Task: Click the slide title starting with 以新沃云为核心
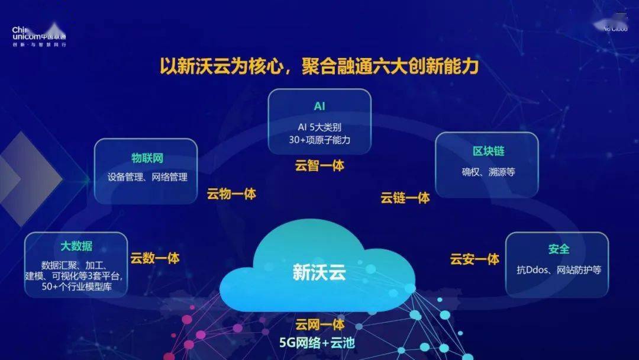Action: (x=319, y=66)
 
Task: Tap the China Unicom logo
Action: (x=38, y=36)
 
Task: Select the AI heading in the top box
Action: (x=319, y=107)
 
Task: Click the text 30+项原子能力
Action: (x=319, y=140)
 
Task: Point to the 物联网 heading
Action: (x=147, y=158)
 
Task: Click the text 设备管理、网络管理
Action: (x=147, y=176)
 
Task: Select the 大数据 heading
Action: (x=76, y=246)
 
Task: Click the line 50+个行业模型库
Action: (x=77, y=288)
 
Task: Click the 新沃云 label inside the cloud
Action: (x=319, y=272)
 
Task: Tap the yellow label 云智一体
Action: (x=319, y=166)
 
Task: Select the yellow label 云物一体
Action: (x=231, y=194)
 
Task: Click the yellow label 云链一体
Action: (x=405, y=198)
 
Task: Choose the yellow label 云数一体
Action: (x=155, y=258)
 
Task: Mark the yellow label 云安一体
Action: (x=475, y=259)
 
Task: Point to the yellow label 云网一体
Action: (x=319, y=324)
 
